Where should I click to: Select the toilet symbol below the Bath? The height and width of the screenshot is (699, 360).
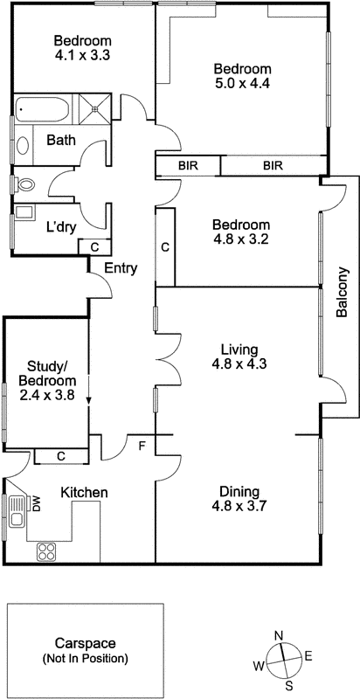coord(24,184)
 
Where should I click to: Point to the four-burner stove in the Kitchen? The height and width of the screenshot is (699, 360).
coord(46,551)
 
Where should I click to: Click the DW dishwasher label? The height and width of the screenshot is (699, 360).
coord(37,504)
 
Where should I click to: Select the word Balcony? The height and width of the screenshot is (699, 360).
coord(343,291)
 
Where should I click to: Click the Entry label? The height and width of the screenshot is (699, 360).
coord(120,268)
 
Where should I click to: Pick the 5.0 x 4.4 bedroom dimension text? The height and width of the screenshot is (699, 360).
coord(244,86)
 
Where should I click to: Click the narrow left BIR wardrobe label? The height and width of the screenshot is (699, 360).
coord(187,164)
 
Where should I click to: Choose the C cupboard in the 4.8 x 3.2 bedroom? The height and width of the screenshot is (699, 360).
coord(165,247)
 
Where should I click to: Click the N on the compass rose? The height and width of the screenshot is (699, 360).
coord(278,635)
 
